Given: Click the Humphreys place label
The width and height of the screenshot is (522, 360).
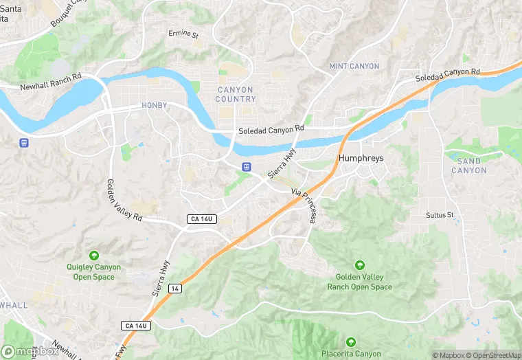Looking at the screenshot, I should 361,158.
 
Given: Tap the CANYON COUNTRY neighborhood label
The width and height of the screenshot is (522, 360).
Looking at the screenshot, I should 236,95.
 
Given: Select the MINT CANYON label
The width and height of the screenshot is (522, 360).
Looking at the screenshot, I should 354,66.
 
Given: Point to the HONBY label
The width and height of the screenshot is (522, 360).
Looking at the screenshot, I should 154,105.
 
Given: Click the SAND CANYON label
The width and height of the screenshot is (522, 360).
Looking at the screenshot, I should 469,166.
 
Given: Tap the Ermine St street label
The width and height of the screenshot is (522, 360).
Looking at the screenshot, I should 183,33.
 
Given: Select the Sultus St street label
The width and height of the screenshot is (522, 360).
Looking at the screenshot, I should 440,215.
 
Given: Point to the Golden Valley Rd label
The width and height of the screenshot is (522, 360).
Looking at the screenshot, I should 124,200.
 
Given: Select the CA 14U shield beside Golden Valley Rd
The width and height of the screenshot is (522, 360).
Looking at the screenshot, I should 202,219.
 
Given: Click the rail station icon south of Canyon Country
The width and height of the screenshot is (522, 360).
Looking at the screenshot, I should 245,168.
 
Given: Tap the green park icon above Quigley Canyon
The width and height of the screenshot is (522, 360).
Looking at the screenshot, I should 93,256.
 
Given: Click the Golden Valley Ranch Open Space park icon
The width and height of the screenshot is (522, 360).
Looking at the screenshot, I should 359,265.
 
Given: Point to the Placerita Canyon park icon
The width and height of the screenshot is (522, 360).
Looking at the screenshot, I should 350,341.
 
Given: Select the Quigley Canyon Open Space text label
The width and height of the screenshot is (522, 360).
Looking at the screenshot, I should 93,272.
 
